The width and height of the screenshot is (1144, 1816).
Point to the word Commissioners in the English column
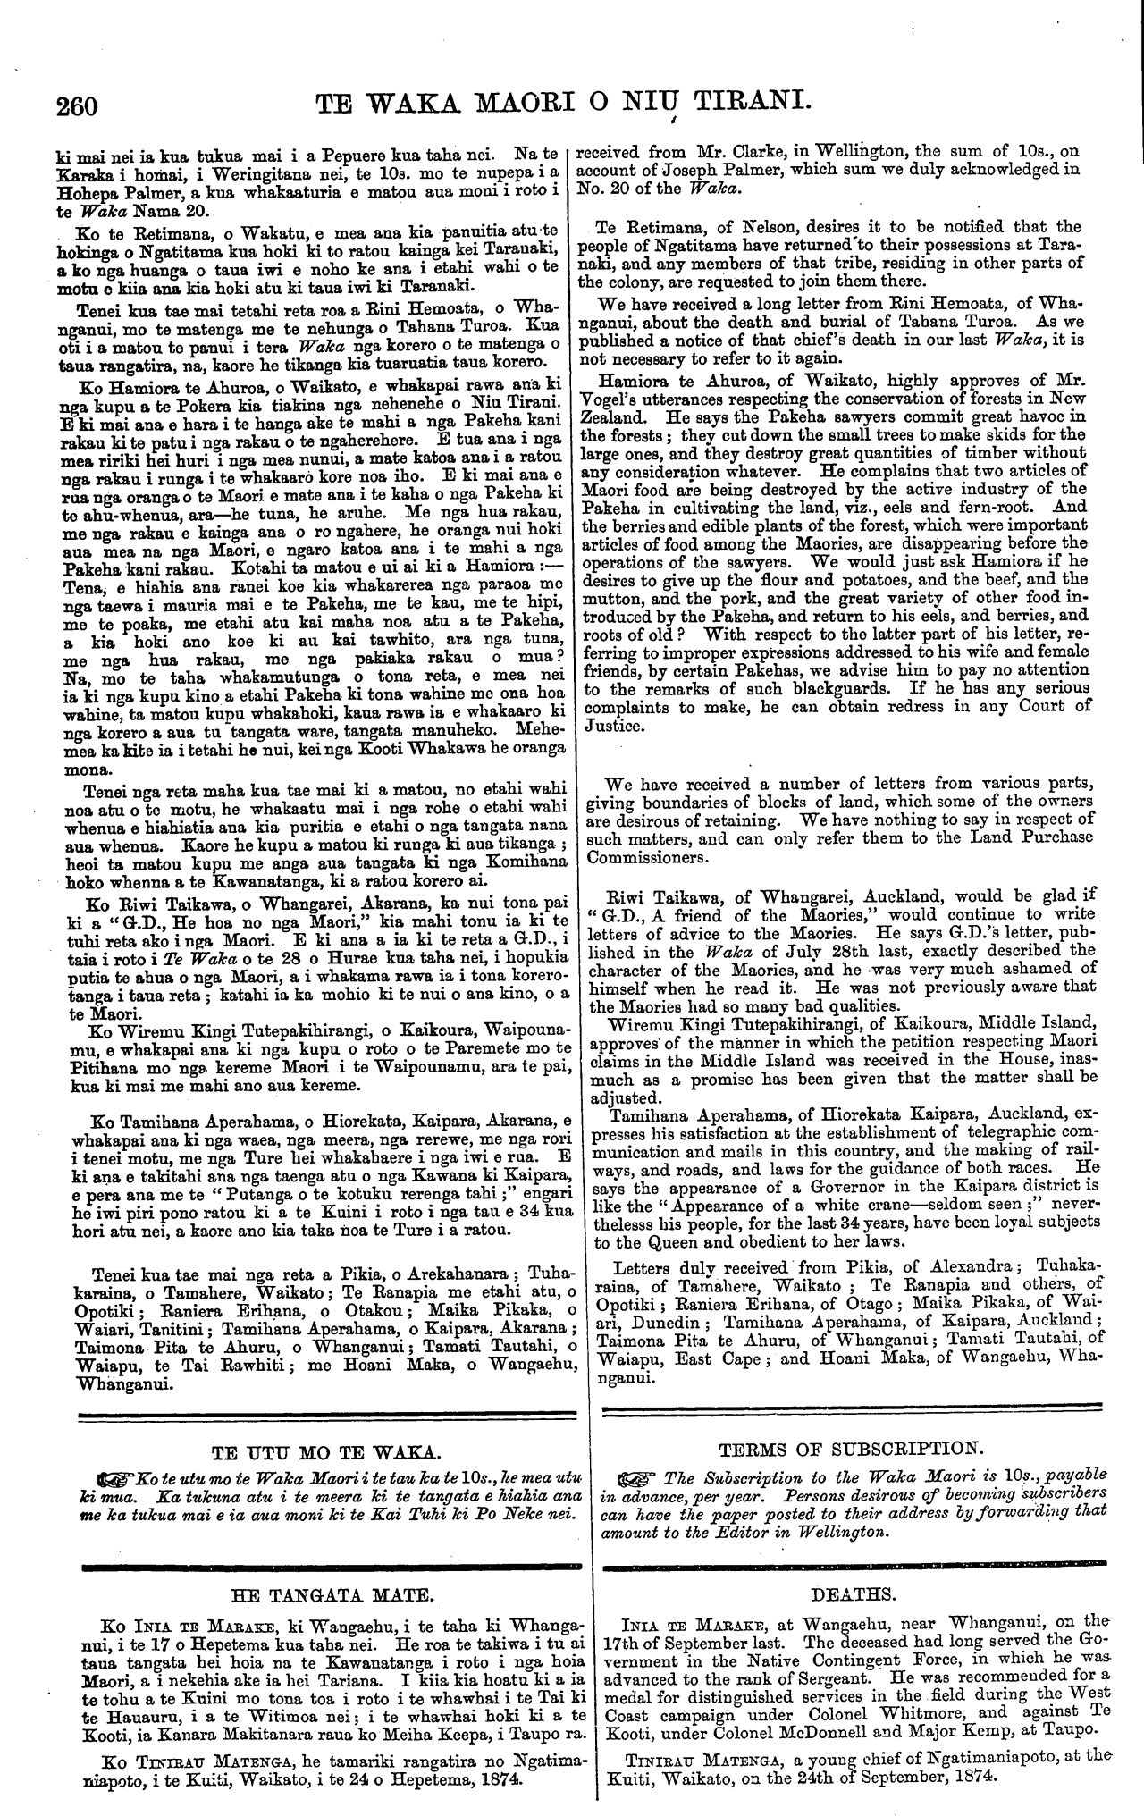tap(646, 857)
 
